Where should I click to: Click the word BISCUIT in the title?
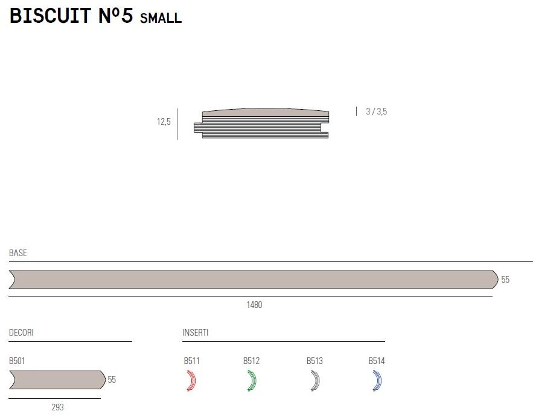(50, 16)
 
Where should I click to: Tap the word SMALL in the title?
(161, 18)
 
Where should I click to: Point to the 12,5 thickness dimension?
(164, 122)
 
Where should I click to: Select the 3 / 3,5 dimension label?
(376, 111)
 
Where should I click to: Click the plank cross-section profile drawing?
(261, 123)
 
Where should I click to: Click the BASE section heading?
(18, 252)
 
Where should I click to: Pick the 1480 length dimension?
(254, 305)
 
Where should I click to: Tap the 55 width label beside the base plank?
(505, 280)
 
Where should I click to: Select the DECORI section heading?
(21, 333)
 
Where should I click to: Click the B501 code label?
(17, 361)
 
